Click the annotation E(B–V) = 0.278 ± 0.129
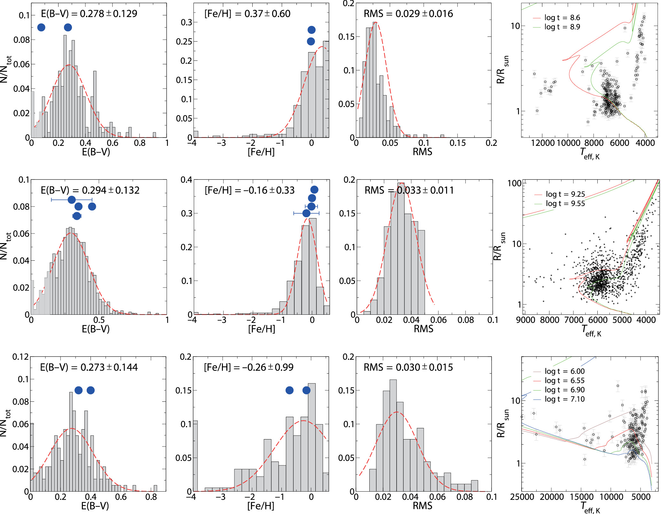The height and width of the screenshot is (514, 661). tap(89, 14)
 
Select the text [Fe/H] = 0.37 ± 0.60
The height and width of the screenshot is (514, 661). tap(247, 14)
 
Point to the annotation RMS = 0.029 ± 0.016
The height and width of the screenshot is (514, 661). tap(408, 14)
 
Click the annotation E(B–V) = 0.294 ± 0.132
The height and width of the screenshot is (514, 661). tap(90, 190)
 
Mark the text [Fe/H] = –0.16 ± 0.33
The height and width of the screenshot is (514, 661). tap(249, 190)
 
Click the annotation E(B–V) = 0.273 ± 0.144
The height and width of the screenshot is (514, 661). tap(89, 367)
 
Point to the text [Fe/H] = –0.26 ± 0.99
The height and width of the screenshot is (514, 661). tap(248, 367)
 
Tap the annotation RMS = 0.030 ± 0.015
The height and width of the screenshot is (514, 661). tap(408, 367)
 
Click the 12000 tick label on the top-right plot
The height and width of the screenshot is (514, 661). tap(543, 143)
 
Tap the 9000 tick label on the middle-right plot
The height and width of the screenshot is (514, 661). tap(525, 320)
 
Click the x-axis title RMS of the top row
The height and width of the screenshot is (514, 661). tap(422, 152)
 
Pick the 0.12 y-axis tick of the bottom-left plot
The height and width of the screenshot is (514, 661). tap(20, 357)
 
